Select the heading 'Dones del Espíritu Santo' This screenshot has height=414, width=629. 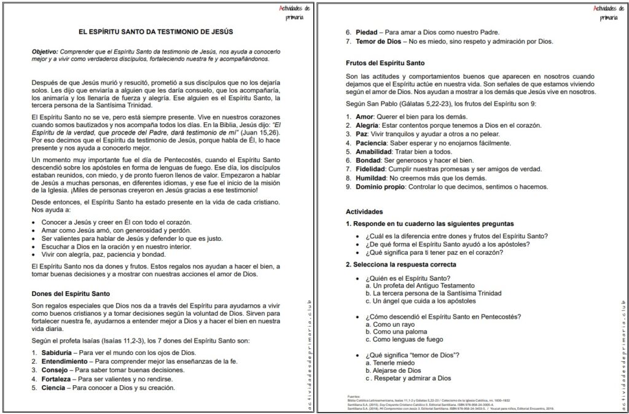coord(71,294)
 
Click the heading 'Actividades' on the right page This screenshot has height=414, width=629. coord(364,211)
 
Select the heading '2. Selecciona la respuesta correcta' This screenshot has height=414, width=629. coord(400,264)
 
